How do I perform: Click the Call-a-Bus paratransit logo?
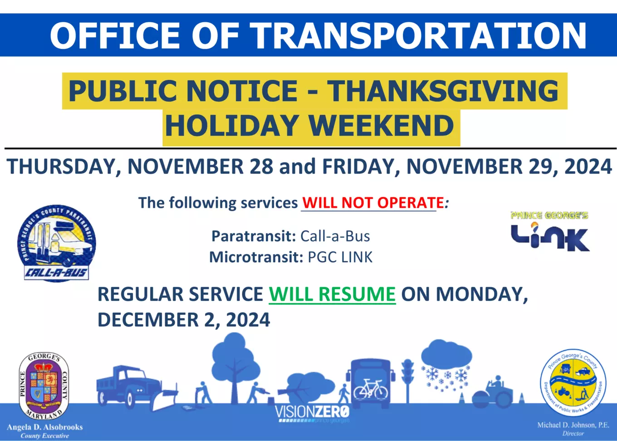pyautogui.click(x=56, y=243)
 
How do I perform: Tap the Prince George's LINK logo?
pyautogui.click(x=549, y=232)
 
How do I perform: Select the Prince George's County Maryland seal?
pyautogui.click(x=44, y=386)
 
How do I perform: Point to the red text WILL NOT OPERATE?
pyautogui.click(x=373, y=203)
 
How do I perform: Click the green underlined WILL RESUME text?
pyautogui.click(x=332, y=294)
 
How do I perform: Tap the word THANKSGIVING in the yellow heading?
pyautogui.click(x=443, y=91)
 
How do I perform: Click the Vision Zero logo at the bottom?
pyautogui.click(x=312, y=413)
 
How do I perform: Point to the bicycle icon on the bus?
pyautogui.click(x=371, y=389)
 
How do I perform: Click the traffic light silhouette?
pyautogui.click(x=407, y=379)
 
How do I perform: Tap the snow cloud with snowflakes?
pyautogui.click(x=446, y=363)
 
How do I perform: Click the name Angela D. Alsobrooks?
pyautogui.click(x=44, y=427)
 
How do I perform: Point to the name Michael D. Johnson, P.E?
pyautogui.click(x=573, y=425)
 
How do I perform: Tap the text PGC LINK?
pyautogui.click(x=340, y=258)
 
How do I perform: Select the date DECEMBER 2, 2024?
pyautogui.click(x=184, y=320)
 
